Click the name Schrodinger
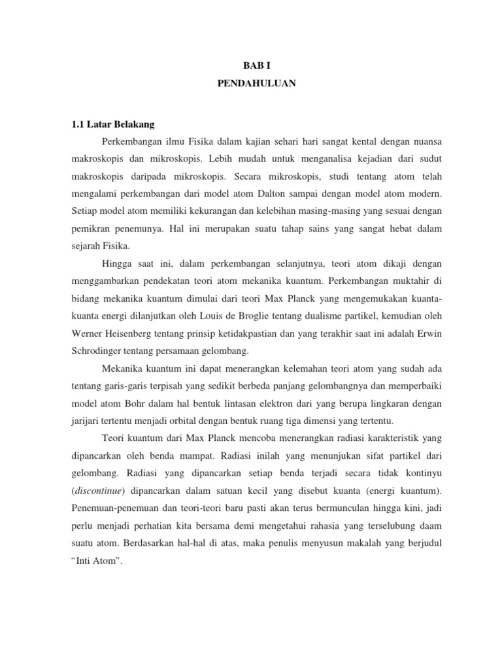(97, 350)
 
